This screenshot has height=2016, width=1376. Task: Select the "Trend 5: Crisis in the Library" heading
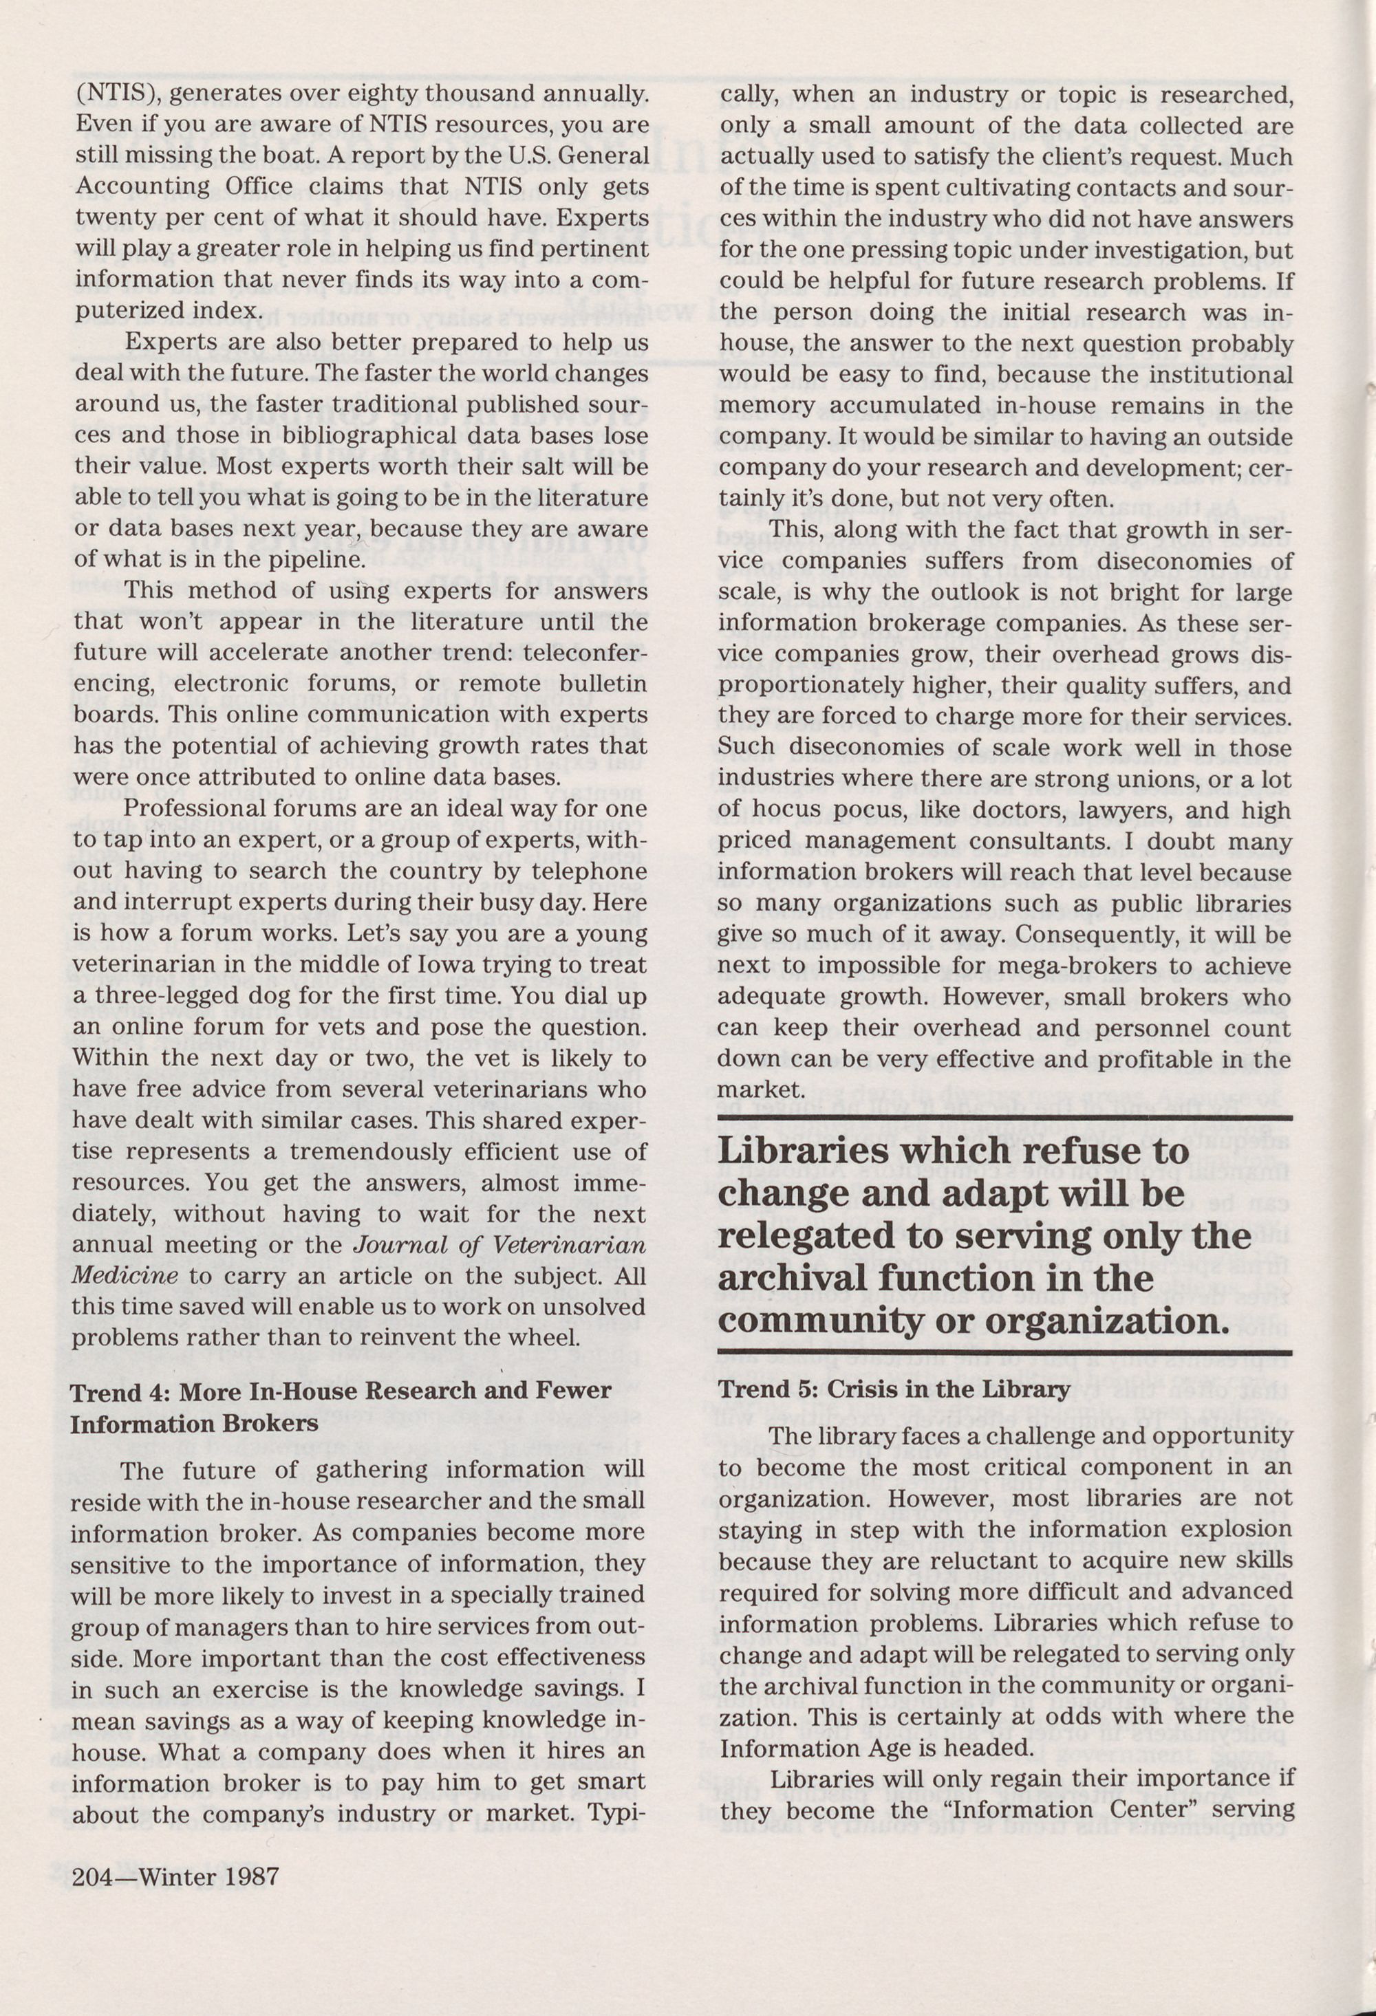[894, 1389]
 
